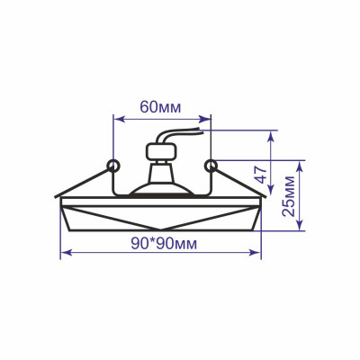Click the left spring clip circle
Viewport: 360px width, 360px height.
[x=112, y=165]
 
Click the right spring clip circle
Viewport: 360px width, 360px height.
[x=211, y=165]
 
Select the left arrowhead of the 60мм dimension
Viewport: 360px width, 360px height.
[x=116, y=116]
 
